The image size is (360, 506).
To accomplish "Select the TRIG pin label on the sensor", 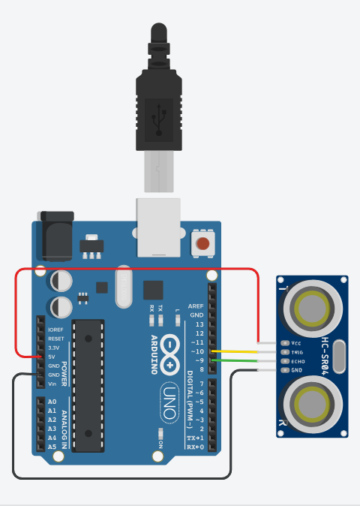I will coord(298,351).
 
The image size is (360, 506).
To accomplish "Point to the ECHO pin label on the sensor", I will coord(298,361).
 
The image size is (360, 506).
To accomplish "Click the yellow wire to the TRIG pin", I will coord(236,351).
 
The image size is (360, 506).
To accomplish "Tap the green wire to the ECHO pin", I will coord(236,361).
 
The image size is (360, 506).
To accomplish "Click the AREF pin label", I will coord(196,306).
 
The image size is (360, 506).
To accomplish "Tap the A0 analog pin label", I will coord(52,402).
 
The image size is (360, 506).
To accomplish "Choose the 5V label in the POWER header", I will coord(52,357).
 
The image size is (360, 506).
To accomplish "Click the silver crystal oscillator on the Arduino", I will coord(124,288).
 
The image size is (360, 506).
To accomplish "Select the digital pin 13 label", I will coord(199,324).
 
